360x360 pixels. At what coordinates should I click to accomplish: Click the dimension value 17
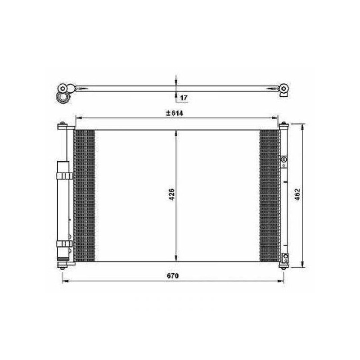(184, 98)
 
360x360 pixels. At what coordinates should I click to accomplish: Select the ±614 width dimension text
(175, 113)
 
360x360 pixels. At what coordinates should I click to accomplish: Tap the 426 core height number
(172, 194)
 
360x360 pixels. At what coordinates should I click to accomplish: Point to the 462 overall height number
(297, 194)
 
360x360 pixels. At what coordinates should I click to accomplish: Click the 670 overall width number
(173, 276)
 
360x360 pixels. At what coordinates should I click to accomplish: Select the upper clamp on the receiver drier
(64, 176)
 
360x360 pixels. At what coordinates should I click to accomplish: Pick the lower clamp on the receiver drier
(64, 244)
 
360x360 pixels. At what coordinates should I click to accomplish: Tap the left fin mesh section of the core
(85, 196)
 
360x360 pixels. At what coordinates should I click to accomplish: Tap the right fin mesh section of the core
(270, 196)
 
